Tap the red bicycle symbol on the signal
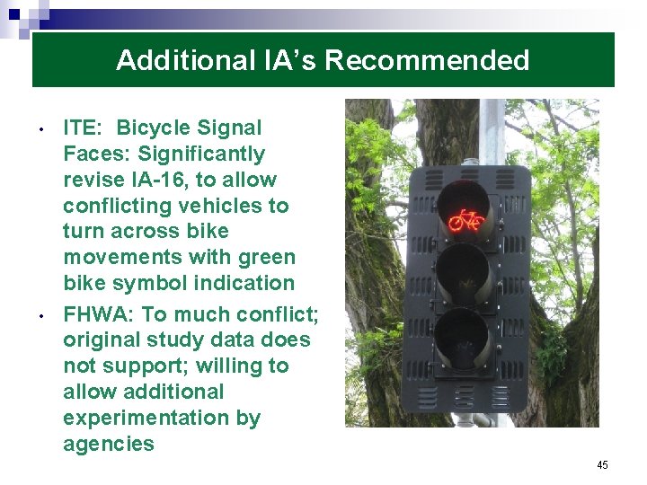[x=466, y=219]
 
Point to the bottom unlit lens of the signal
[x=465, y=336]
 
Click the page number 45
[x=602, y=465]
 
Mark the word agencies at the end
[x=109, y=444]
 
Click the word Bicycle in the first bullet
[x=157, y=128]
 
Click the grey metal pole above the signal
[x=491, y=130]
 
